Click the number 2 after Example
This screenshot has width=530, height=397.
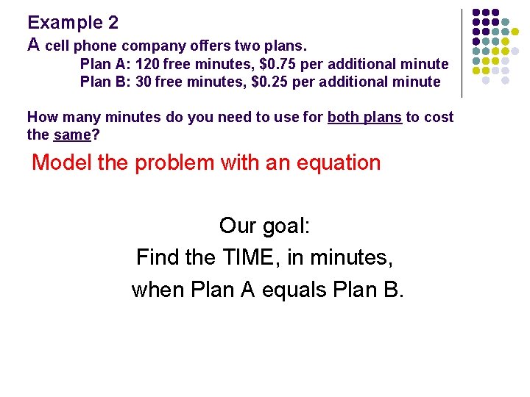point(112,23)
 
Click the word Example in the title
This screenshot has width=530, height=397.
point(65,23)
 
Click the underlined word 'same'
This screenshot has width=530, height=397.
point(72,135)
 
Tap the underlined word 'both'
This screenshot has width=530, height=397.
point(344,117)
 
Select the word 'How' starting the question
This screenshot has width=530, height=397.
point(41,117)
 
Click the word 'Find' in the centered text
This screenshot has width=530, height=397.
point(156,257)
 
